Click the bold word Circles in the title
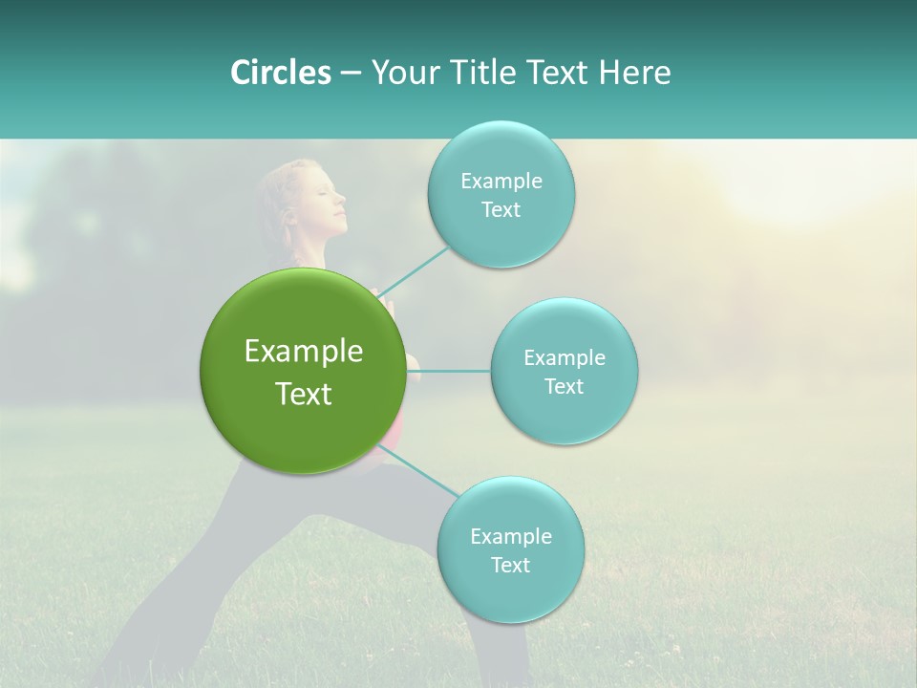click(x=280, y=73)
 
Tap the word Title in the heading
click(x=475, y=73)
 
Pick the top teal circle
click(x=501, y=153)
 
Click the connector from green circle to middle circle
click(x=449, y=371)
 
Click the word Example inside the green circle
click(x=304, y=352)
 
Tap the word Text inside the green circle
click(x=304, y=394)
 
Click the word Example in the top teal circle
click(x=501, y=182)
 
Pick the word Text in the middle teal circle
click(x=564, y=387)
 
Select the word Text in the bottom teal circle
click(x=510, y=566)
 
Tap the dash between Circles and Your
click(x=351, y=74)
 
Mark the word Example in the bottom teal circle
click(x=510, y=537)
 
